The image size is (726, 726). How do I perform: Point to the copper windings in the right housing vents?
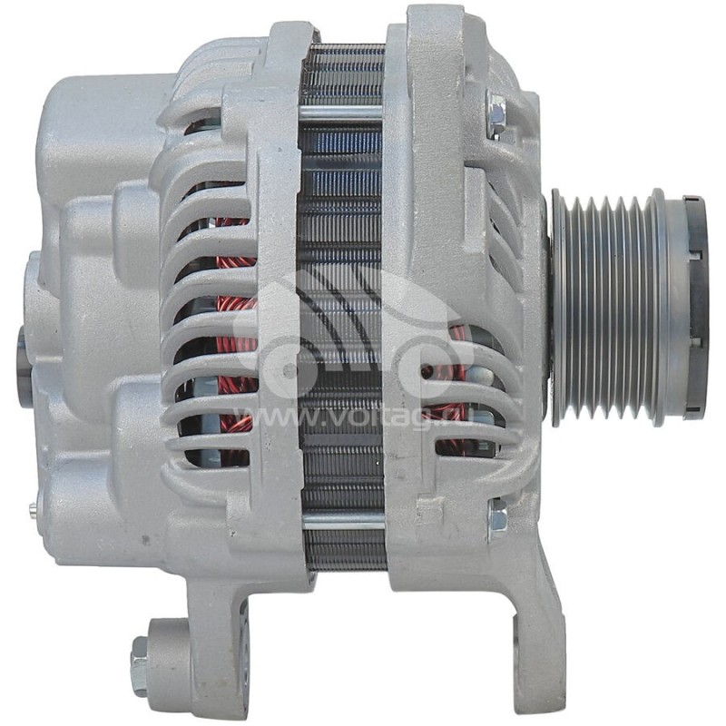pos(454,381)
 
